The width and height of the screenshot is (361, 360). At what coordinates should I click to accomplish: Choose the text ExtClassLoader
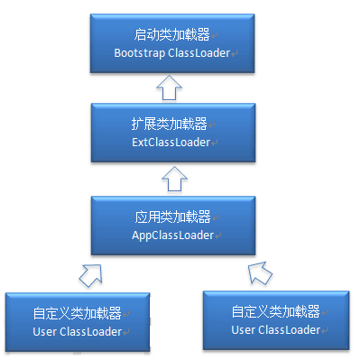169,142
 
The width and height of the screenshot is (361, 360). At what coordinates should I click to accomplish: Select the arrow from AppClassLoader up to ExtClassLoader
170,180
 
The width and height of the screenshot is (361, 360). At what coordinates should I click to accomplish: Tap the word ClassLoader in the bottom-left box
90,332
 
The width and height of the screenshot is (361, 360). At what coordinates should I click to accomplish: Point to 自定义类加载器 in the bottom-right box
274,311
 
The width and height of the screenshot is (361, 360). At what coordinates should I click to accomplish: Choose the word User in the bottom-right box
244,329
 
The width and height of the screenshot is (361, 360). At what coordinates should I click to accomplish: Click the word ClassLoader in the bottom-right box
290,329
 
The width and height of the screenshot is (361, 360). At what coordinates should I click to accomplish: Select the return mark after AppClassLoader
218,236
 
